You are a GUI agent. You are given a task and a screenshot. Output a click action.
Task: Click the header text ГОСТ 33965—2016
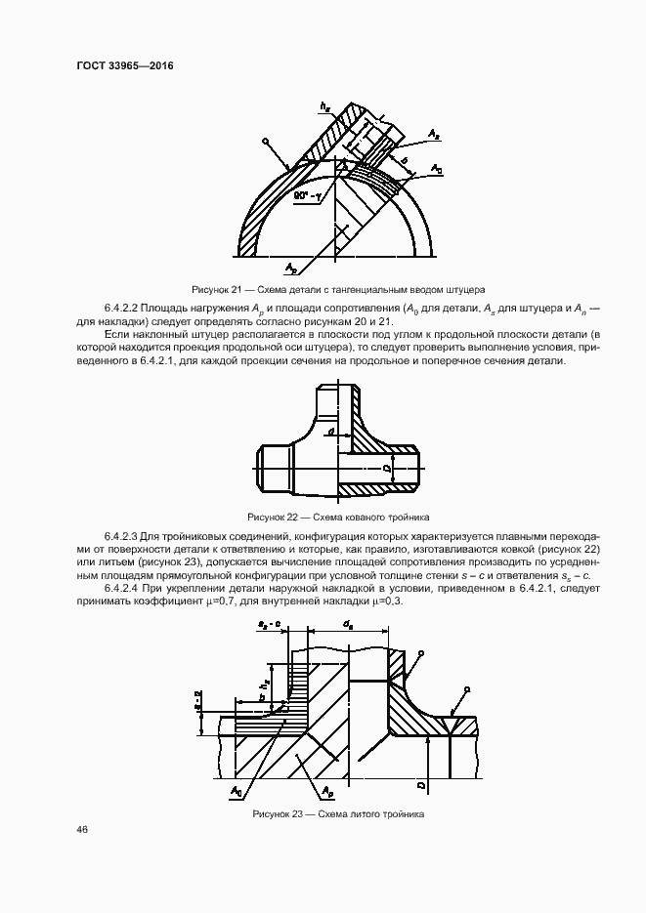pyautogui.click(x=124, y=67)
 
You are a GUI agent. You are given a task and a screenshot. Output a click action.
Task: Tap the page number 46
pyautogui.click(x=82, y=830)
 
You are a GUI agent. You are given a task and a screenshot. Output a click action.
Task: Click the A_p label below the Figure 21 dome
pyautogui.click(x=291, y=267)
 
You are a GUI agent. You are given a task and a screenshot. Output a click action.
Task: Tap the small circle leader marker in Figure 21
pyautogui.click(x=265, y=142)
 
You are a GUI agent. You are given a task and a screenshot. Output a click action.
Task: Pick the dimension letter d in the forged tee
pyautogui.click(x=332, y=431)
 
